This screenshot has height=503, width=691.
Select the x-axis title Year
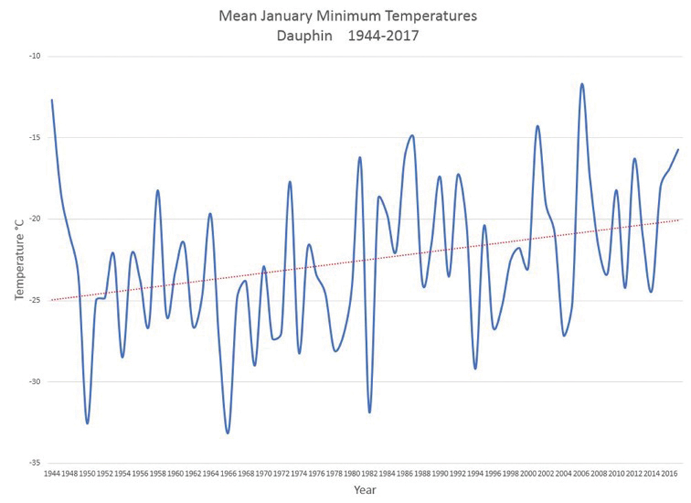point(364,490)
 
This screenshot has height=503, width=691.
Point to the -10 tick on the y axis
point(32,57)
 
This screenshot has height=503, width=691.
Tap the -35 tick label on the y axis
point(32,463)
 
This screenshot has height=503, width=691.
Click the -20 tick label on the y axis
point(32,219)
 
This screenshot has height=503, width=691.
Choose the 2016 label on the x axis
point(669,475)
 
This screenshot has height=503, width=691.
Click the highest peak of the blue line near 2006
point(582,84)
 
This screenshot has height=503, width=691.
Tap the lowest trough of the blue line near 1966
point(228,433)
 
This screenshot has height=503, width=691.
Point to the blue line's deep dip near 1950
point(87,423)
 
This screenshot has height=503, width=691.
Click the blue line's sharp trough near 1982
point(370,412)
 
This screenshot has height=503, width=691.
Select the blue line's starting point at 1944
point(52,100)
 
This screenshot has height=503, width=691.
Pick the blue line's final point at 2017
point(678,149)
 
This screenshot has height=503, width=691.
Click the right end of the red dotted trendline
point(681,219)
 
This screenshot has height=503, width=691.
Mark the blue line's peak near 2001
point(538,126)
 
